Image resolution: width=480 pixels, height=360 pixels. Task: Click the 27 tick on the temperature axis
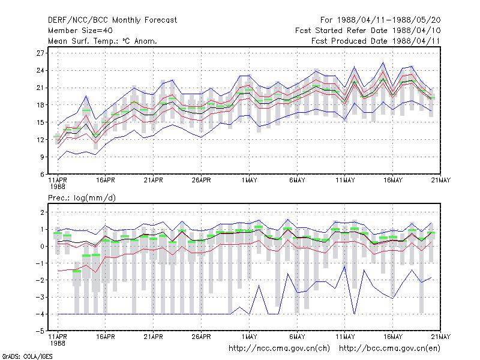pyautogui.click(x=40, y=53)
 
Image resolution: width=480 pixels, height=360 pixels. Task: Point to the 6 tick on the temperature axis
pyautogui.click(x=42, y=174)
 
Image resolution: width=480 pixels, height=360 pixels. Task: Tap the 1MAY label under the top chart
pyautogui.click(x=249, y=181)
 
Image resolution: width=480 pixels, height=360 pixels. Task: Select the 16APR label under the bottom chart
pyautogui.click(x=106, y=337)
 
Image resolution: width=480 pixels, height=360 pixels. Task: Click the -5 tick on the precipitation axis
pyautogui.click(x=40, y=331)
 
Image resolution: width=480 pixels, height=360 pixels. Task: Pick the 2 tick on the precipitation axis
pyautogui.click(x=42, y=212)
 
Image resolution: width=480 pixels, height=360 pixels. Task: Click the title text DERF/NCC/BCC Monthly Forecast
pyautogui.click(x=112, y=20)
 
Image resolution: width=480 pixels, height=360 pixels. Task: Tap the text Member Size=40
pyautogui.click(x=80, y=31)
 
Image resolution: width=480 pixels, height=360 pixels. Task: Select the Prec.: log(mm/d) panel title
pyautogui.click(x=82, y=198)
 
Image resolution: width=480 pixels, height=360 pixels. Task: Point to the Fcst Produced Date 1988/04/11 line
pyautogui.click(x=376, y=41)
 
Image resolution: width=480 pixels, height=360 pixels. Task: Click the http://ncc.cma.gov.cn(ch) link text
pyautogui.click(x=279, y=349)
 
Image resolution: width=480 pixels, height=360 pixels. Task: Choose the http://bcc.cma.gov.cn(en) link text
pyautogui.click(x=389, y=349)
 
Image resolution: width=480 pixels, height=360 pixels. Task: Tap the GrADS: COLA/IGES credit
pyautogui.click(x=27, y=356)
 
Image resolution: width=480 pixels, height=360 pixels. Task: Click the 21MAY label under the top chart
pyautogui.click(x=441, y=181)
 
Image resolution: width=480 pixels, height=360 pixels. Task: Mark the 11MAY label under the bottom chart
pyautogui.click(x=345, y=337)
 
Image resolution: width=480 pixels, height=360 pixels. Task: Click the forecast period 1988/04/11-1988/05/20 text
pyautogui.click(x=380, y=20)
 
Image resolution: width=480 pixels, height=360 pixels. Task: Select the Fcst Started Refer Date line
pyautogui.click(x=368, y=31)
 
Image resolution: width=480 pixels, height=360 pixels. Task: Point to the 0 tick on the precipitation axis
pyautogui.click(x=42, y=247)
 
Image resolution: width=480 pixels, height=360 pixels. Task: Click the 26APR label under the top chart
pyautogui.click(x=201, y=181)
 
